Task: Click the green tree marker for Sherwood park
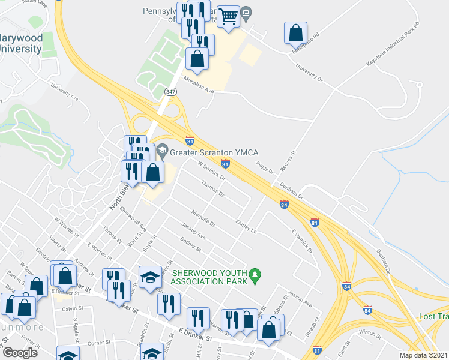coord(256,275)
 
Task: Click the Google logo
coord(20,352)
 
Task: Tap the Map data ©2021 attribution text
coord(423,355)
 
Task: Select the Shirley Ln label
coord(246,226)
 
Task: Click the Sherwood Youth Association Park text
coord(209,277)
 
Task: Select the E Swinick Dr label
coord(302,240)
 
